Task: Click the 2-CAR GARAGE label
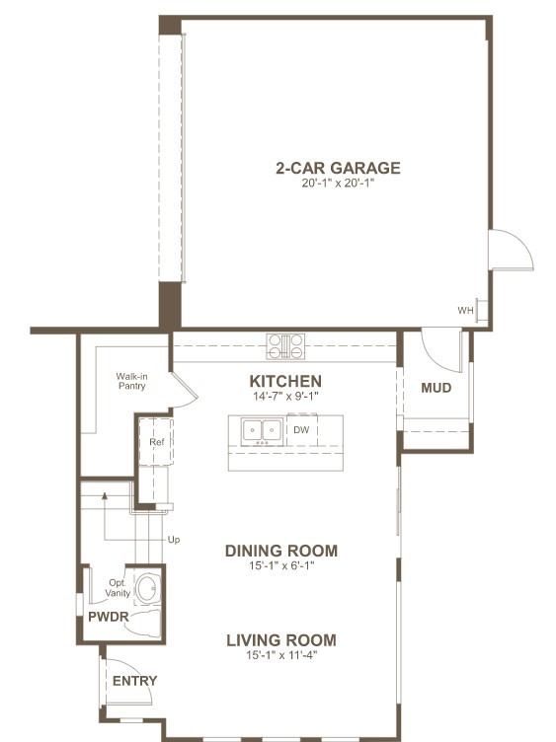tap(338, 168)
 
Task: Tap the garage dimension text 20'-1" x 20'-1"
tap(338, 184)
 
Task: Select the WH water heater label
tap(465, 311)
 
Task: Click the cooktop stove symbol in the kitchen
tap(285, 346)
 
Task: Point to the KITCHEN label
tap(285, 381)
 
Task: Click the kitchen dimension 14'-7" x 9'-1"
tap(285, 396)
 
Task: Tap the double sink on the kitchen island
tap(262, 431)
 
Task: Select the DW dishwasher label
tap(301, 429)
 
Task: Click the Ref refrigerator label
tap(157, 442)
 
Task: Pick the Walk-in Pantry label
tap(131, 382)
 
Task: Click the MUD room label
tap(437, 388)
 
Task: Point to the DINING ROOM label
tap(281, 551)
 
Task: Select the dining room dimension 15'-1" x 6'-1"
tap(281, 565)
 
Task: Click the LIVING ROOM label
tap(281, 640)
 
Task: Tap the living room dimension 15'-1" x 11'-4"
tap(281, 655)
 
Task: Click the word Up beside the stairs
tap(174, 540)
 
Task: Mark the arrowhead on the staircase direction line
tap(105, 495)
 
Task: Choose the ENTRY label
tap(134, 681)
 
